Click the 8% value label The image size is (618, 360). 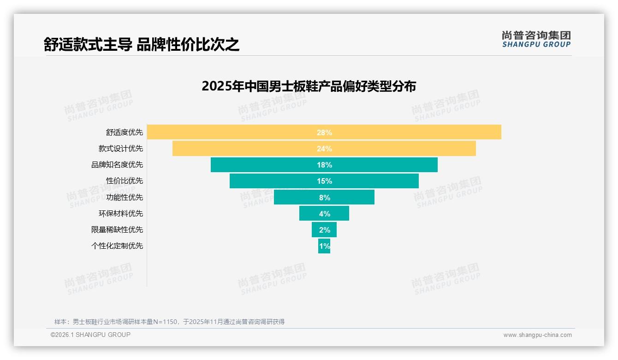coord(324,198)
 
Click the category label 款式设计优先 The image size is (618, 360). coord(120,149)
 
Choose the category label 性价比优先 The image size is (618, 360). coord(125,181)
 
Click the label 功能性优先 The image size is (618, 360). coord(125,197)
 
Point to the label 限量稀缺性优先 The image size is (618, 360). coord(117,229)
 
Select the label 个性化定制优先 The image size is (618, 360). coord(117,246)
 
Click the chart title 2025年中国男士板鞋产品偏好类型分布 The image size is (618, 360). coord(309,86)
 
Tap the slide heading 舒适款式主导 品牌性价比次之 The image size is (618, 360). coord(142,44)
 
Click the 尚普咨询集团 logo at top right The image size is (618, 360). coord(536,39)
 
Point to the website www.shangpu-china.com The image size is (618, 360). coord(537,335)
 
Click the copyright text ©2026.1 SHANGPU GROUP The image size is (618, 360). coord(90,335)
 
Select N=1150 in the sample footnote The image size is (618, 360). coord(165,322)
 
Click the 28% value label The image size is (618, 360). coord(324,132)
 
